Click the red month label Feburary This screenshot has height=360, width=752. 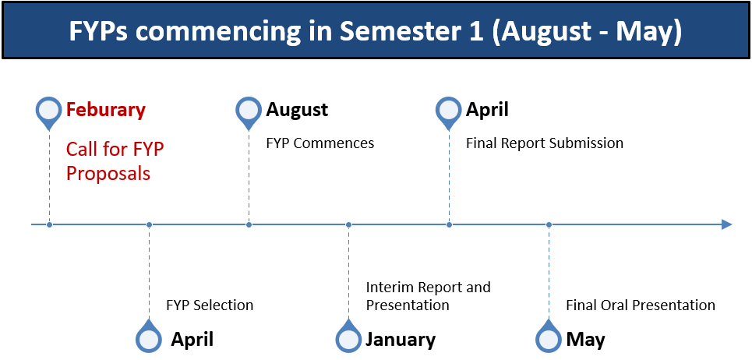point(105,110)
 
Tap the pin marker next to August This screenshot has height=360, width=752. point(249,113)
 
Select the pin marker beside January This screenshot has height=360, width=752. point(348,336)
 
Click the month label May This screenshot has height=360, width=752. point(585,341)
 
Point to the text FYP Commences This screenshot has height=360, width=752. point(320,143)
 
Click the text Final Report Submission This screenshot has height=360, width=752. point(545,143)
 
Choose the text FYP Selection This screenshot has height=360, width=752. point(210,305)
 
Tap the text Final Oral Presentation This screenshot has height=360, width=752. point(641,305)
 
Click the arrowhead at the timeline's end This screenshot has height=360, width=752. point(726,224)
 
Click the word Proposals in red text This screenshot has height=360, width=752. point(108,174)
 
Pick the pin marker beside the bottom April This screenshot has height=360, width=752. point(149,336)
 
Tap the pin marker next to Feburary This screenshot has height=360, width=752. point(49,113)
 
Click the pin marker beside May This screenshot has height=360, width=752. point(549,336)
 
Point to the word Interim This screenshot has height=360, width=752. point(390,287)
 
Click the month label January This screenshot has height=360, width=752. point(401,340)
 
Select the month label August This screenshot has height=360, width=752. point(297,110)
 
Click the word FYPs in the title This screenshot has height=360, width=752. point(100,30)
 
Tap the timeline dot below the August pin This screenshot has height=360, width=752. point(249,224)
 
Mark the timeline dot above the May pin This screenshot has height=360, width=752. point(549,224)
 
